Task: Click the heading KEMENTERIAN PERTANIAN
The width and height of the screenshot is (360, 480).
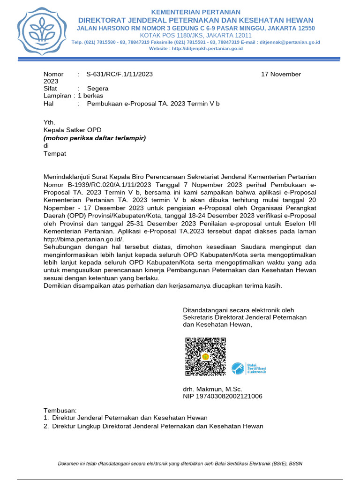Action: tap(195, 12)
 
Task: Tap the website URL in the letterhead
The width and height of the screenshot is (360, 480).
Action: tap(195, 48)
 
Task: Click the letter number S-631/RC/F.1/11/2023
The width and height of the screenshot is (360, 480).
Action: tap(120, 74)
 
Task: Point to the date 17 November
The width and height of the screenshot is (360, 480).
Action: tap(281, 74)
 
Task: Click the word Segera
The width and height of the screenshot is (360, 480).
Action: tap(97, 88)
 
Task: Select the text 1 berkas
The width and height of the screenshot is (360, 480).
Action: tap(90, 96)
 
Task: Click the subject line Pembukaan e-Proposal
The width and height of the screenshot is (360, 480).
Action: tap(153, 103)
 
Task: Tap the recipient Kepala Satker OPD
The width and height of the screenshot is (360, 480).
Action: tap(72, 130)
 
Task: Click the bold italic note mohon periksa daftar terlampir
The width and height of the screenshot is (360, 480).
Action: tap(95, 138)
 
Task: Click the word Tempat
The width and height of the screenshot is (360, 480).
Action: tap(55, 154)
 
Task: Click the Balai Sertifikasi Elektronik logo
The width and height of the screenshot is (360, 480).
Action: tap(249, 368)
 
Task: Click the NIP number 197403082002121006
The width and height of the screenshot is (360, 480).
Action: tap(222, 397)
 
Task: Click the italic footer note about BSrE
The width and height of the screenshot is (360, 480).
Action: tap(180, 464)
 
